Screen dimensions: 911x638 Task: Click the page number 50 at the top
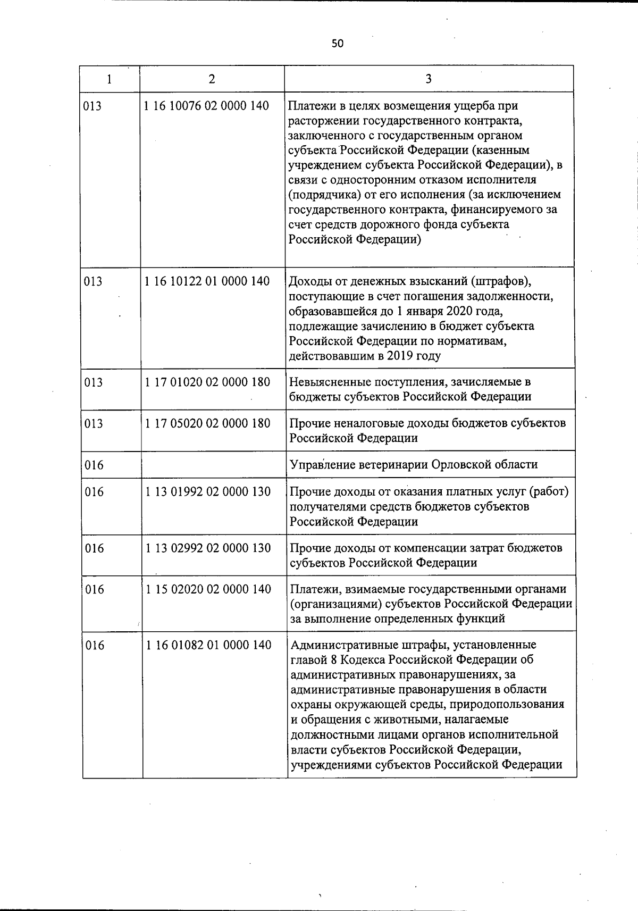pyautogui.click(x=338, y=44)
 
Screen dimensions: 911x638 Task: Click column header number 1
pyautogui.click(x=109, y=79)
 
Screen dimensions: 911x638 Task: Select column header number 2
pyautogui.click(x=212, y=79)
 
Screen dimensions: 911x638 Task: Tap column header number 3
pyautogui.click(x=429, y=79)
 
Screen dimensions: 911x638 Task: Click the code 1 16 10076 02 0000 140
pyautogui.click(x=206, y=106)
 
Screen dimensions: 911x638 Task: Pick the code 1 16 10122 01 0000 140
pyautogui.click(x=207, y=281)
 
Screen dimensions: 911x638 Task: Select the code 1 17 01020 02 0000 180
pyautogui.click(x=207, y=382)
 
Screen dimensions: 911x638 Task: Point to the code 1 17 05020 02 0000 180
pyautogui.click(x=207, y=423)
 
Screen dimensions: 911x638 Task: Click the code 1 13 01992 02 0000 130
pyautogui.click(x=208, y=491)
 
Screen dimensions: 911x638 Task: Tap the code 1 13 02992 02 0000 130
pyautogui.click(x=208, y=548)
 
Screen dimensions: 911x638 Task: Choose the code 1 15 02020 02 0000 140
pyautogui.click(x=208, y=589)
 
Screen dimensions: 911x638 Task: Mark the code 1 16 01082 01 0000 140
pyautogui.click(x=208, y=645)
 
